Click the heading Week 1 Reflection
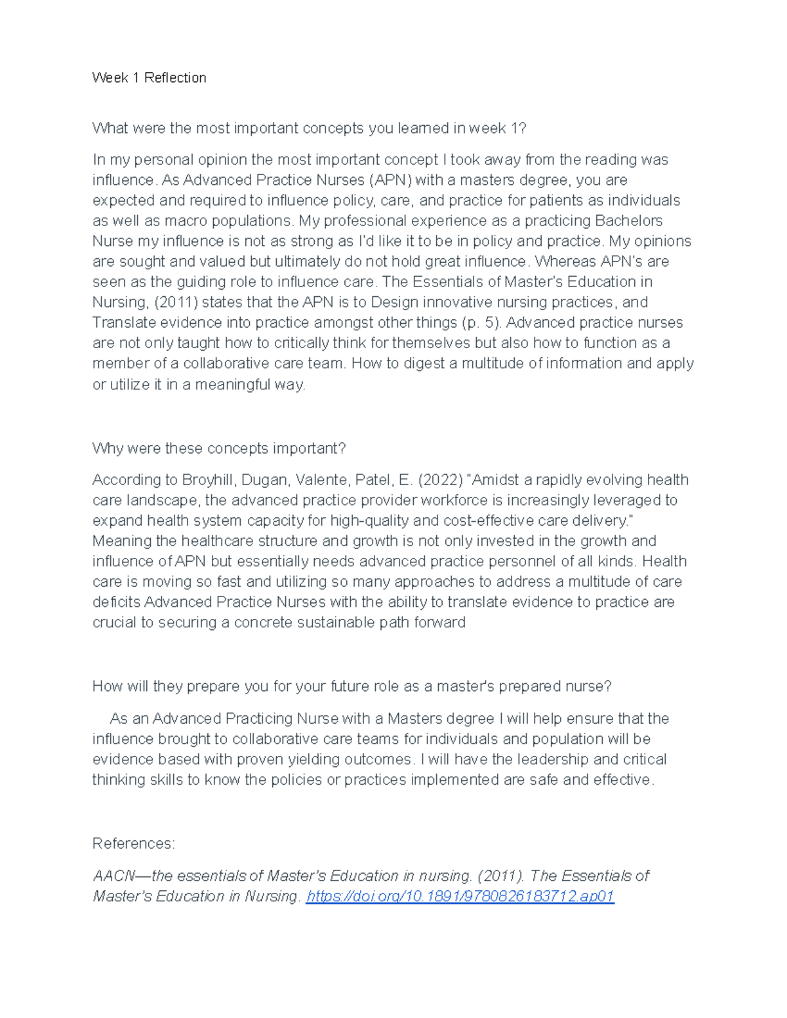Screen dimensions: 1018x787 (x=149, y=78)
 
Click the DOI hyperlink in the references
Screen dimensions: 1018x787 (x=460, y=896)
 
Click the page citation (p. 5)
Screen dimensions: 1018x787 (x=481, y=323)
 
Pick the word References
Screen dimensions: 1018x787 (x=133, y=844)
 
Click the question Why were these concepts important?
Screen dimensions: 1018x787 (x=218, y=448)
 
